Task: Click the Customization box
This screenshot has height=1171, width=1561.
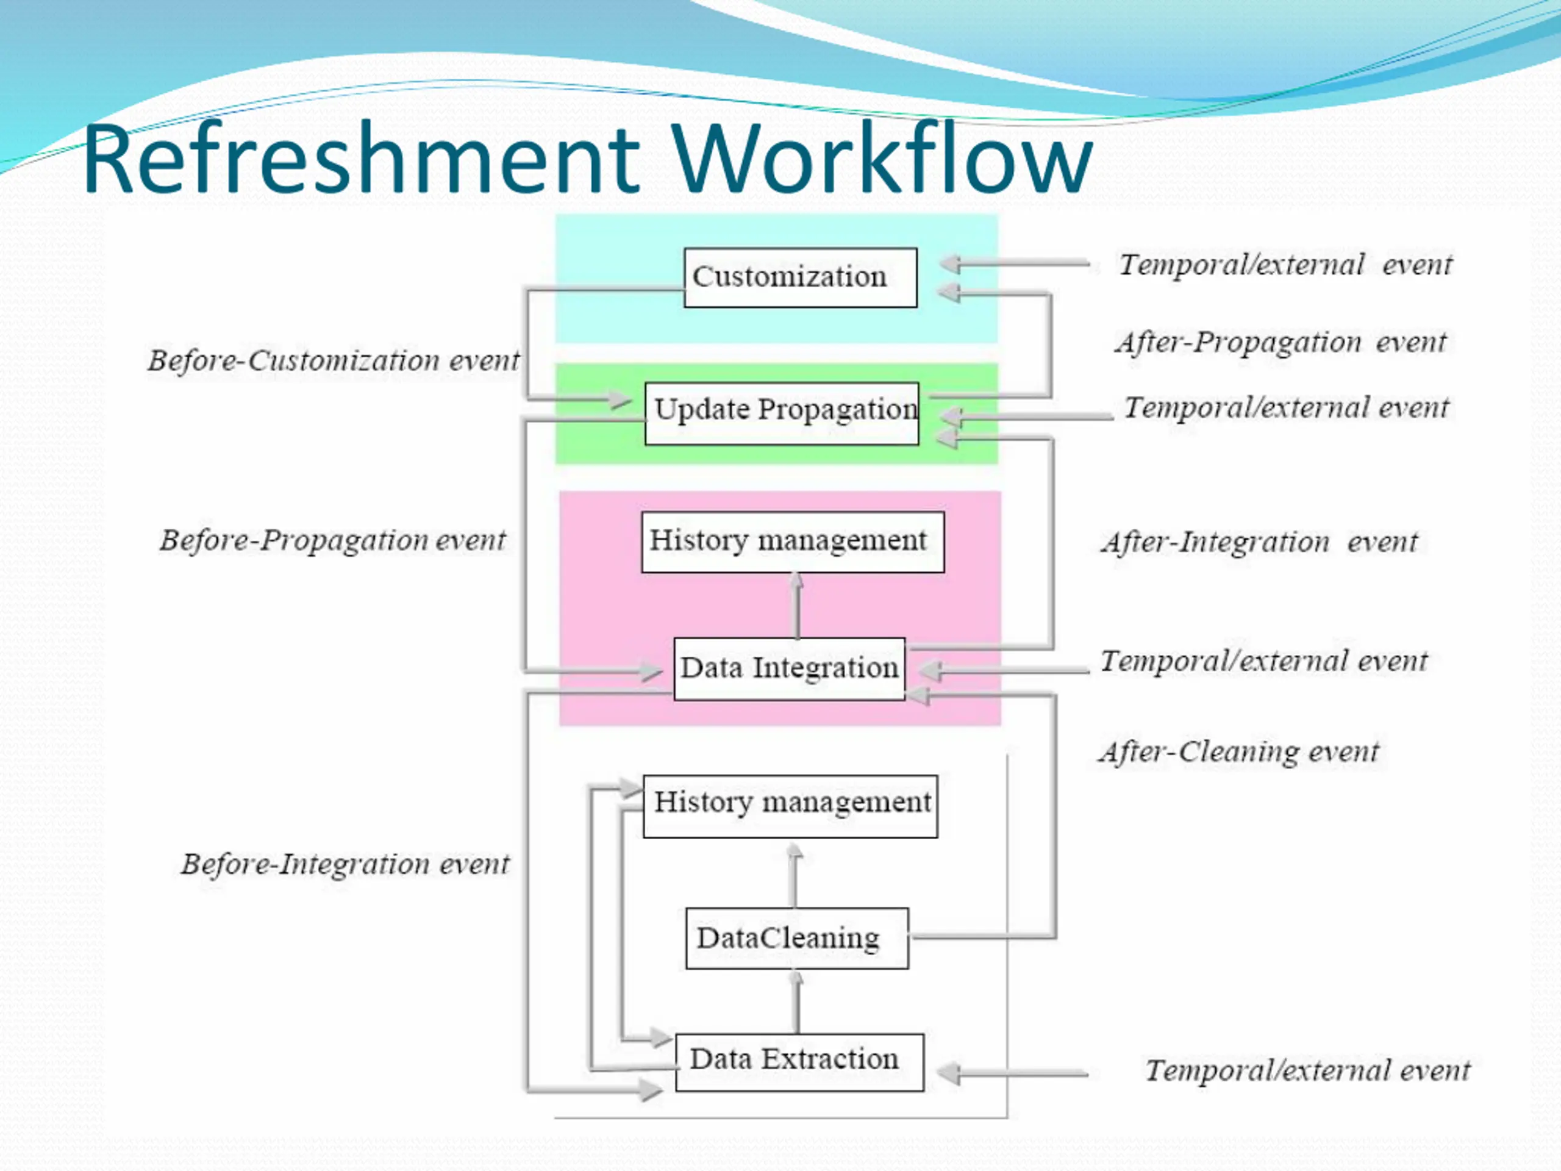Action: coord(800,278)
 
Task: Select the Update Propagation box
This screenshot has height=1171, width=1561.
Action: coord(782,414)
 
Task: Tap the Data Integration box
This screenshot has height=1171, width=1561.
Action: coord(789,668)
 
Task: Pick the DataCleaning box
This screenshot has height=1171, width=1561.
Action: coord(797,938)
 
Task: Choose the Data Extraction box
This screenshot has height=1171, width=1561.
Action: coord(799,1062)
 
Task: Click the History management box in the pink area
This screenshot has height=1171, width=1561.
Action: coord(793,542)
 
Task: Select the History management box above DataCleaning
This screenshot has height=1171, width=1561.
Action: coord(790,806)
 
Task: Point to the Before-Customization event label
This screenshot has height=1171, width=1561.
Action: coord(333,360)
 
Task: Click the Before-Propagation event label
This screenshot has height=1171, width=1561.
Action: coord(332,541)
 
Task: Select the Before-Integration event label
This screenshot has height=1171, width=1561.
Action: coord(345,864)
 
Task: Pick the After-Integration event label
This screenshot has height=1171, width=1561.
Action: coord(1259,543)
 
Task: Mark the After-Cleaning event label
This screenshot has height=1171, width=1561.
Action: coord(1238,752)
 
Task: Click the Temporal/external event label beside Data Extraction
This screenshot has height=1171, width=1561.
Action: coord(1307,1071)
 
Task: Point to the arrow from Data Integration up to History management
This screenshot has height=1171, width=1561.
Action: coord(797,605)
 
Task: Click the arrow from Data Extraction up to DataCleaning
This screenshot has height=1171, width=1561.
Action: coord(797,1001)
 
